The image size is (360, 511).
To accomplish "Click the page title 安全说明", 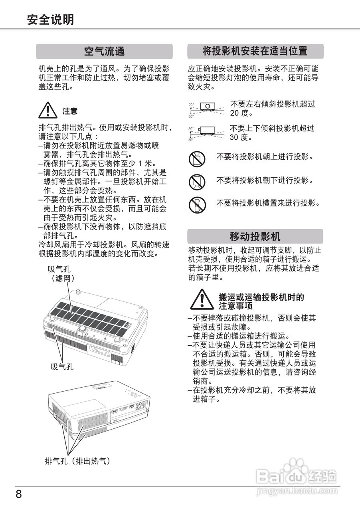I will [50, 20].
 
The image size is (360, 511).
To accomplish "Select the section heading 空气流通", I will [104, 51].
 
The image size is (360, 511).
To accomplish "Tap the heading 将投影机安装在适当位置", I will [255, 51].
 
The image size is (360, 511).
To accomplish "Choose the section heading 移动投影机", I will [255, 236].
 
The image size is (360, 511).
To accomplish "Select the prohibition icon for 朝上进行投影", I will [197, 158].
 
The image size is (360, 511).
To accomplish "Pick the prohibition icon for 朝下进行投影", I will [197, 182].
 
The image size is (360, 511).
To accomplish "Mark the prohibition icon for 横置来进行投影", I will [197, 205].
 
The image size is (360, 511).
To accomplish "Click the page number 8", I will [19, 494].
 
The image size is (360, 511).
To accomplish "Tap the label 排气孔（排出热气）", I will [77, 461].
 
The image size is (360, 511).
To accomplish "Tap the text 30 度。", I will [241, 137].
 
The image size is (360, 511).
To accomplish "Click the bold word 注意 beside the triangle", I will [70, 111].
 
